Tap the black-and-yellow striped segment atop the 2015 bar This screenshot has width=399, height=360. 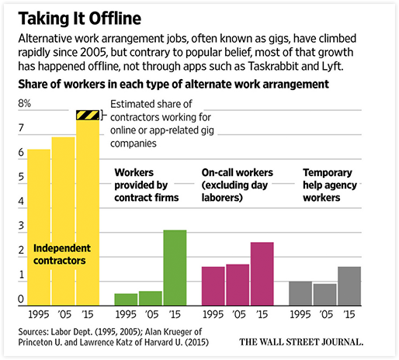pyautogui.click(x=88, y=116)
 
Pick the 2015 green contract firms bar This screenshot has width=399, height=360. pyautogui.click(x=175, y=267)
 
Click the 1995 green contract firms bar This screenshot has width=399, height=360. pyautogui.click(x=126, y=299)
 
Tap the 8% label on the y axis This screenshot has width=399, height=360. pyautogui.click(x=24, y=103)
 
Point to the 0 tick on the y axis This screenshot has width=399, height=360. pyautogui.click(x=20, y=299)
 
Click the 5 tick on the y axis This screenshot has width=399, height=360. pyautogui.click(x=20, y=178)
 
